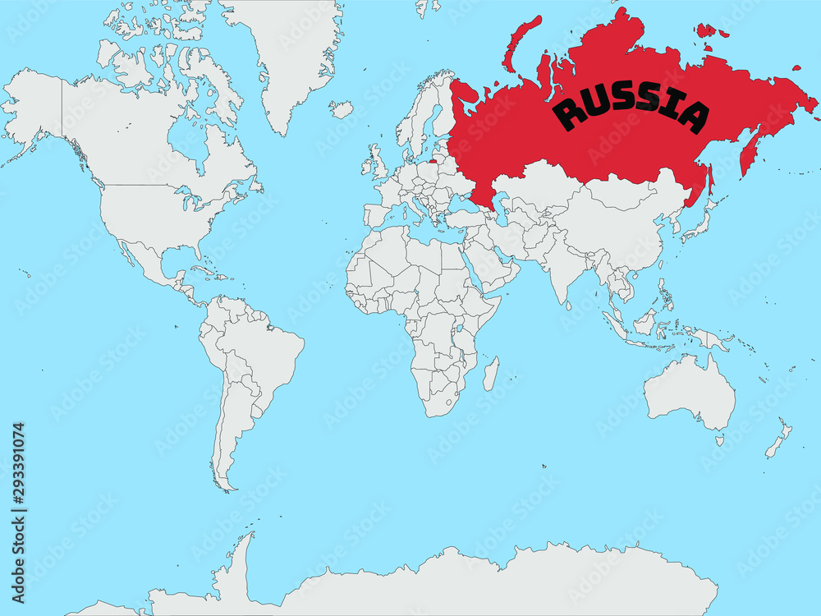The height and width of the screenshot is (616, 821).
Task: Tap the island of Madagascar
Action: click(x=490, y=374)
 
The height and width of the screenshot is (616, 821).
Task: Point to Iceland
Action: click(x=342, y=108)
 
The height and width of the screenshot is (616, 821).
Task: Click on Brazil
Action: click(x=263, y=353)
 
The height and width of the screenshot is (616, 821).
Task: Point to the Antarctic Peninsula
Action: click(x=238, y=559)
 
